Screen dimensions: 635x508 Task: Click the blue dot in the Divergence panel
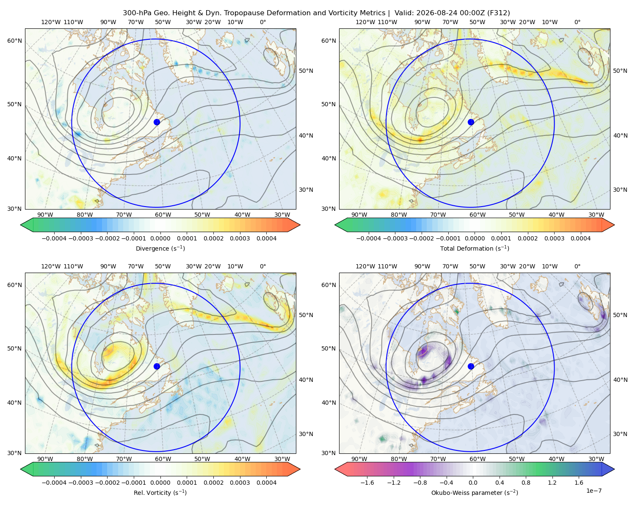[157, 122]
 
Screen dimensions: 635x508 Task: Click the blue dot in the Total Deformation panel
[471, 122]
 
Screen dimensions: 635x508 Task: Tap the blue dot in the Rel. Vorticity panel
[157, 366]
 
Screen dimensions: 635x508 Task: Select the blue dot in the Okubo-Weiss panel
[471, 366]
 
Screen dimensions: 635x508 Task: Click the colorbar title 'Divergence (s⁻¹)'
[160, 248]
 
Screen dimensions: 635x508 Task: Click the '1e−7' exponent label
[594, 491]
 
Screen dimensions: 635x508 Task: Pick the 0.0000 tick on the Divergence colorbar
[160, 238]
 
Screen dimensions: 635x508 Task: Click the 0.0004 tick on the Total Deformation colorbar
[581, 238]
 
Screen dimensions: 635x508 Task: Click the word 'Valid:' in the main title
[404, 13]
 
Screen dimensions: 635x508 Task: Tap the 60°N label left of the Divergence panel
[14, 41]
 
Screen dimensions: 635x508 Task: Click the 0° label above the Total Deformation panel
[577, 22]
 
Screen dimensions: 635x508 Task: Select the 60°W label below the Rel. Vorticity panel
[163, 459]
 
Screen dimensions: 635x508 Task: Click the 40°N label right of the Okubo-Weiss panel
[621, 380]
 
